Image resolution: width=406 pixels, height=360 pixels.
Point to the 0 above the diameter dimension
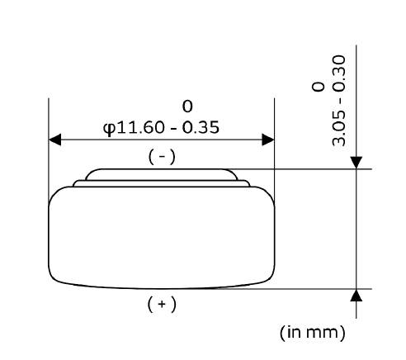pos(187,107)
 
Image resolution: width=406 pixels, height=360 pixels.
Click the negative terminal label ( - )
pos(162,157)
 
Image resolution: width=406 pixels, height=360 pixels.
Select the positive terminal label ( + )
pos(162,304)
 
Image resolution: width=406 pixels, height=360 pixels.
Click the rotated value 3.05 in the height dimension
pos(338,129)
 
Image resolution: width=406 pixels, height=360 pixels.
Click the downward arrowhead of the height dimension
pos(356,163)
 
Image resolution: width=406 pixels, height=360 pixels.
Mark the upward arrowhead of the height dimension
pos(356,296)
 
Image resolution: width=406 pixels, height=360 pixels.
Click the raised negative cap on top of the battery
pos(162,174)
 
